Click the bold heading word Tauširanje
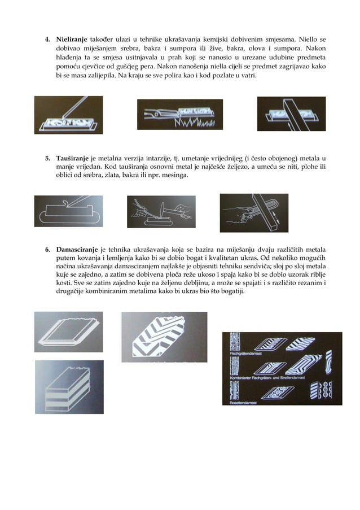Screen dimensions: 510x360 (x=72, y=158)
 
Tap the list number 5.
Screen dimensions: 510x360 (x=47, y=158)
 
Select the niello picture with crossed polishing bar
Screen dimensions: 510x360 (x=291, y=115)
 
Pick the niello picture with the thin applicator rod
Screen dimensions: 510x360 (x=68, y=115)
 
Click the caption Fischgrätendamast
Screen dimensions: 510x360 (x=239, y=352)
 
